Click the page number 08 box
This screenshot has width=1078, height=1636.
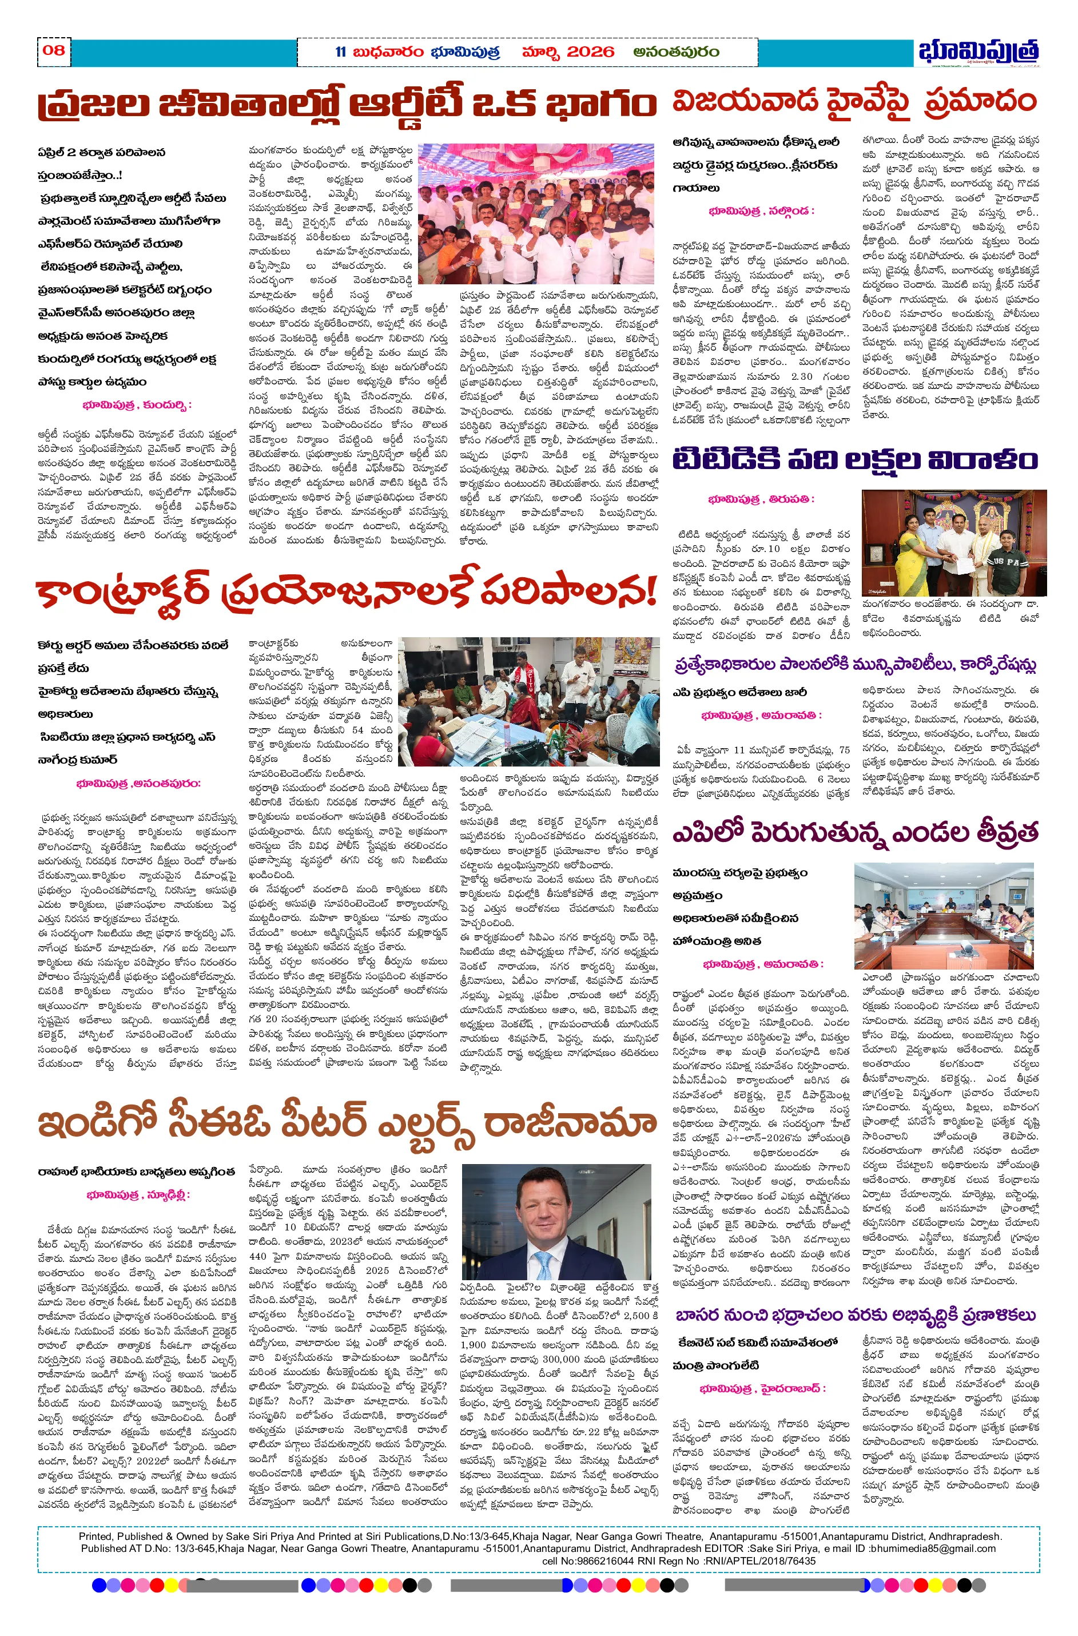tap(53, 50)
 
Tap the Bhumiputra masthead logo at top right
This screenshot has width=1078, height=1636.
tap(977, 52)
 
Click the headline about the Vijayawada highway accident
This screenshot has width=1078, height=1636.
tap(854, 101)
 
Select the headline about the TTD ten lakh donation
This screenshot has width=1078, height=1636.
tap(854, 459)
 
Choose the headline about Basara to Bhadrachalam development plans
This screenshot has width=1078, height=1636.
tap(854, 1315)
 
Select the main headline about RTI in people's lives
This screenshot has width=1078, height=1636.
tap(347, 104)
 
